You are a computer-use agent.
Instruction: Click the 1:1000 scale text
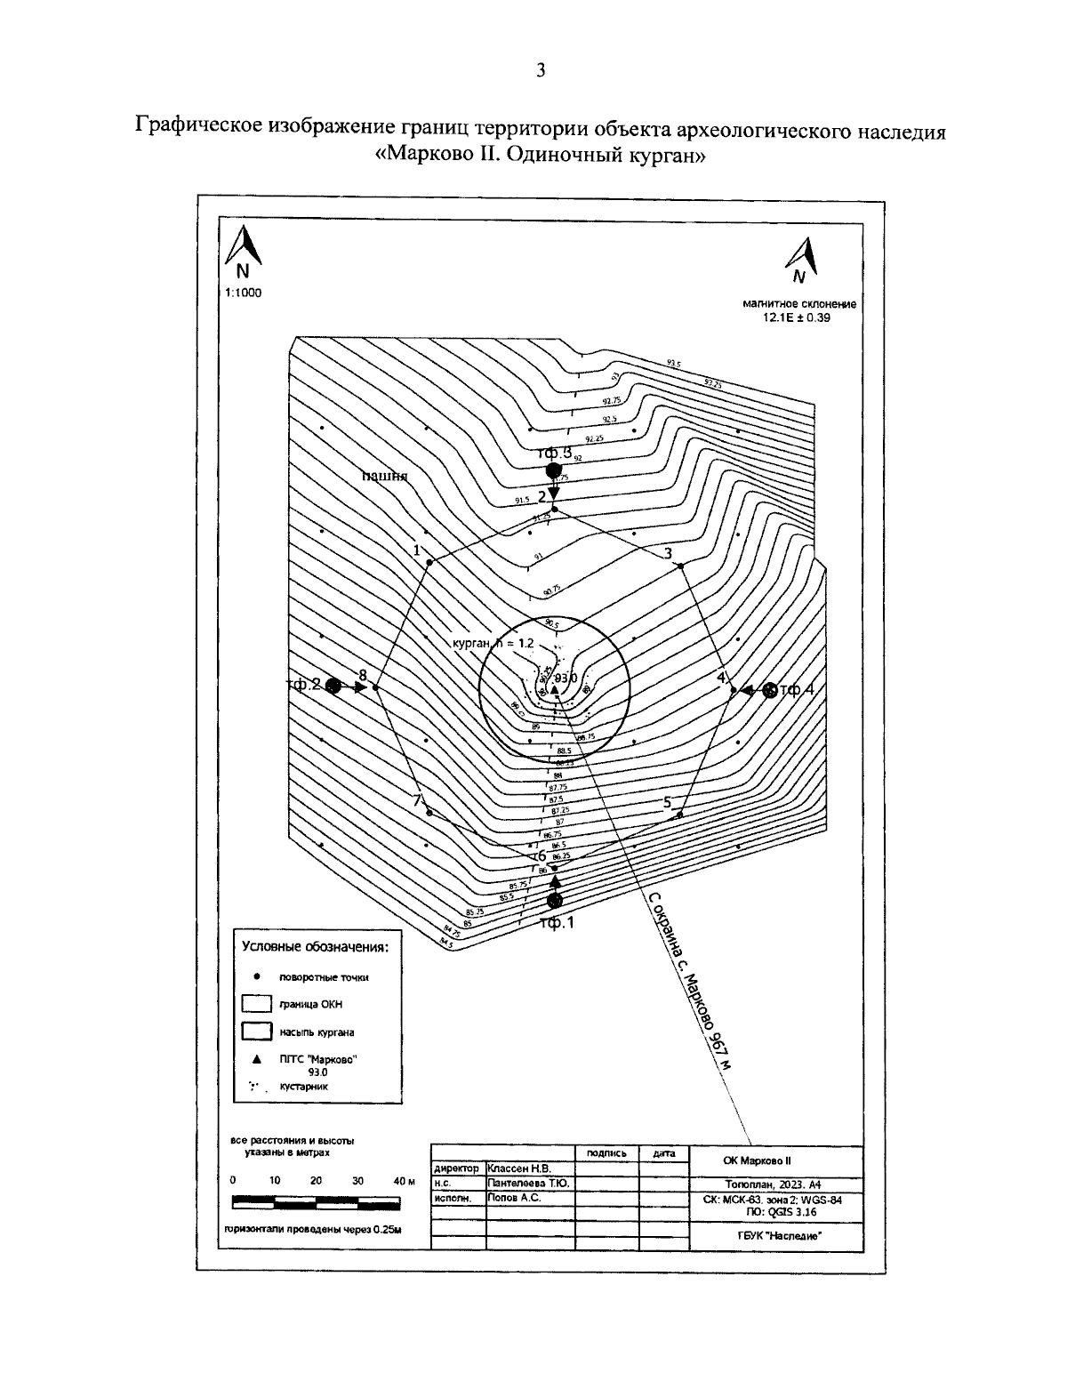[244, 293]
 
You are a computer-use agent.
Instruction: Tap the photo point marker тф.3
[553, 470]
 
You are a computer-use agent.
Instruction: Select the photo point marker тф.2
[333, 686]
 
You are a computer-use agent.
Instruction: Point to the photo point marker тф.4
[770, 689]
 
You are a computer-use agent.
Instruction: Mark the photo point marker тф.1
[555, 900]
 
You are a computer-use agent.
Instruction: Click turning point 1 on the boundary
[429, 562]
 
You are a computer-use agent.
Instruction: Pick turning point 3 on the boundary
[680, 566]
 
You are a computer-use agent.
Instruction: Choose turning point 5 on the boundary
[680, 814]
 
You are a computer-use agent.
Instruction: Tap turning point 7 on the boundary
[429, 812]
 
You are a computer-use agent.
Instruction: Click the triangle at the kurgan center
[553, 690]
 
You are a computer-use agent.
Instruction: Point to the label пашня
[384, 476]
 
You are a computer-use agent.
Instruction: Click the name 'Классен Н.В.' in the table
[520, 1168]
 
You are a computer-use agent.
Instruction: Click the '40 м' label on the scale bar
[404, 1181]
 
